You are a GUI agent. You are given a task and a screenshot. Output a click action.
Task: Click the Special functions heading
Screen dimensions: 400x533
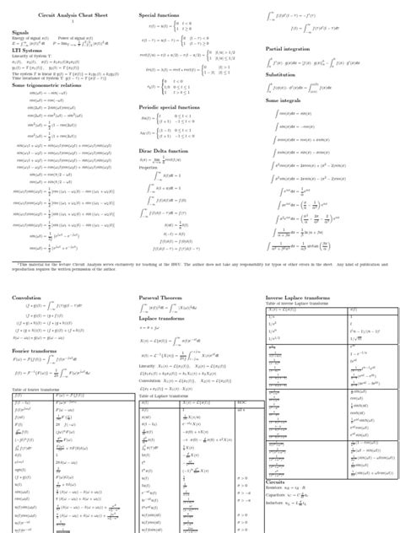coord(159,16)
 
